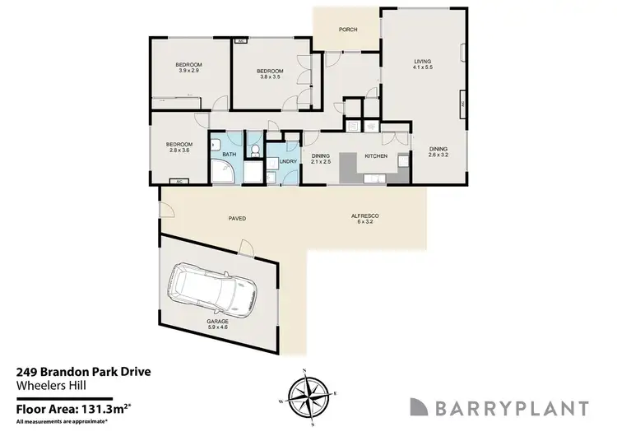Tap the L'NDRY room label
pos(288,161)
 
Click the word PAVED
pos(238,218)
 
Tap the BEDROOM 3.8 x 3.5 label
pos(271,74)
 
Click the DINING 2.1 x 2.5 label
pos(320,158)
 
